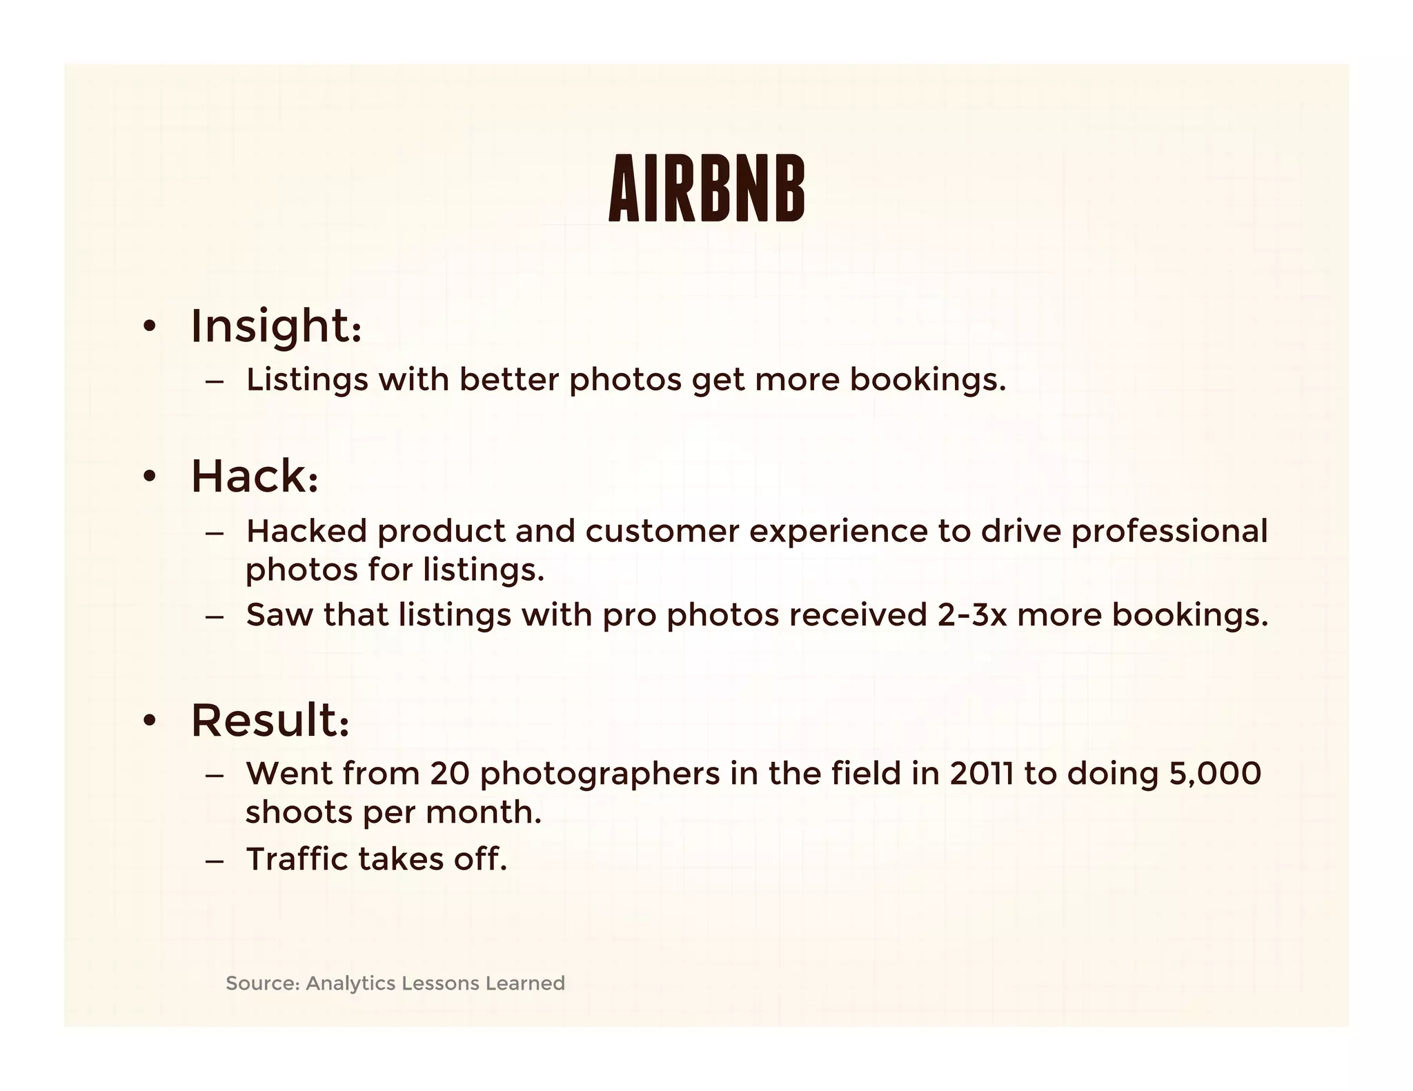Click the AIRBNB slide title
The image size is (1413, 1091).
coord(706,188)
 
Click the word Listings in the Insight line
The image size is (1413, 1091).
coord(307,380)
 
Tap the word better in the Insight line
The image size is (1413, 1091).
coord(508,380)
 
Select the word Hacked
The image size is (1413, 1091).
coord(306,531)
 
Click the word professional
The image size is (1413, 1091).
coord(1169,531)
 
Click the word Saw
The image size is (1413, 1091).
coord(279,614)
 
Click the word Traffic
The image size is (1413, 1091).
coord(297,859)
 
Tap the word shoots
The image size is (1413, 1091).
coord(298,812)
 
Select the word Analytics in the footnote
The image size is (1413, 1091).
coord(350,983)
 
